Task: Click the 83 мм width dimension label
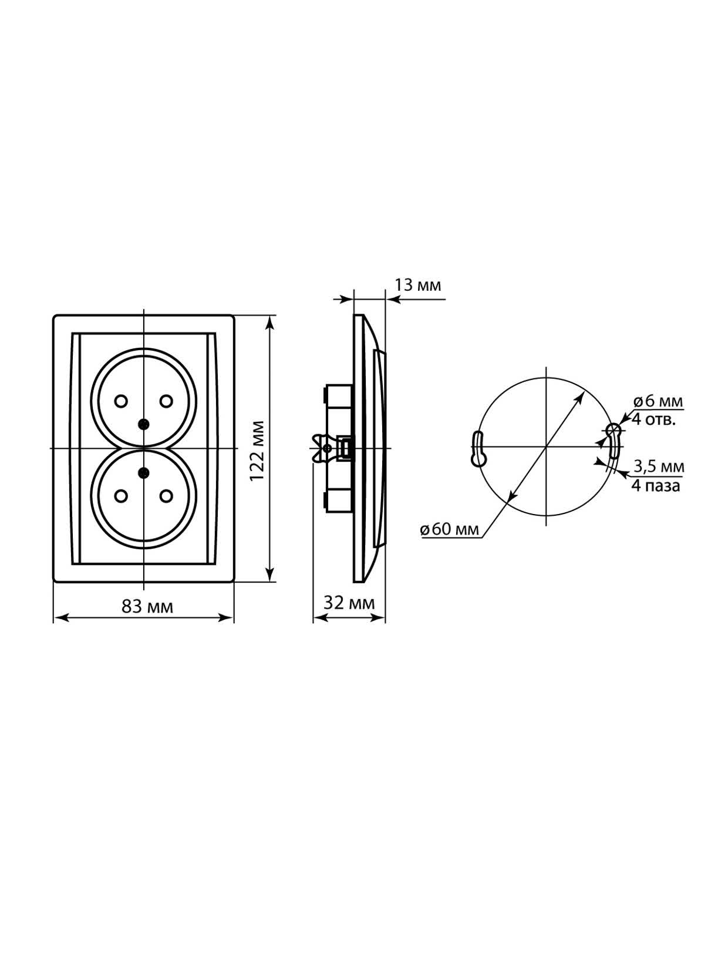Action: pyautogui.click(x=147, y=607)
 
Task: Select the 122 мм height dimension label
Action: pyautogui.click(x=257, y=451)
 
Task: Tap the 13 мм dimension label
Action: pyautogui.click(x=417, y=285)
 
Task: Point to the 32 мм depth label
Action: pyautogui.click(x=349, y=603)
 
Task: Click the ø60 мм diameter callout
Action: pyautogui.click(x=450, y=529)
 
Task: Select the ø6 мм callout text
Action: pyautogui.click(x=658, y=402)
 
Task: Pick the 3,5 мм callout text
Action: pyautogui.click(x=659, y=466)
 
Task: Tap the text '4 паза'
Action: pyautogui.click(x=656, y=486)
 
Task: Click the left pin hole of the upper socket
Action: pyautogui.click(x=121, y=401)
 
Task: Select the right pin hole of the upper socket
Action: pyautogui.click(x=166, y=401)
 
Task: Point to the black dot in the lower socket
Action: pyautogui.click(x=143, y=473)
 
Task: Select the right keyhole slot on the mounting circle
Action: pyautogui.click(x=614, y=440)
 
